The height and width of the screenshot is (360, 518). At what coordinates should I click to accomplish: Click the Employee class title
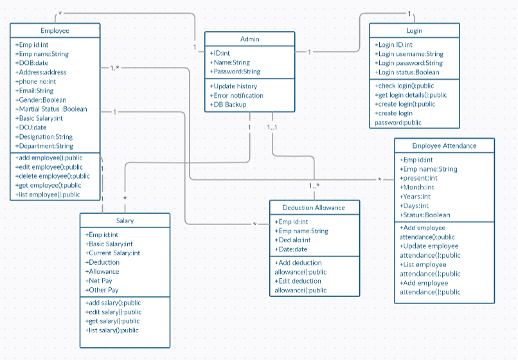pos(55,31)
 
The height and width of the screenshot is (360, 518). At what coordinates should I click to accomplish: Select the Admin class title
pos(249,39)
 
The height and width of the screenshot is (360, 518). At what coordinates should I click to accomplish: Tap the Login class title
pos(414,31)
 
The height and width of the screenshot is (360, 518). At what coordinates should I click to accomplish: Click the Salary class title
pos(125,221)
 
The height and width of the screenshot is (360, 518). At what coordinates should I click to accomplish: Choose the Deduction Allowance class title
pos(314,208)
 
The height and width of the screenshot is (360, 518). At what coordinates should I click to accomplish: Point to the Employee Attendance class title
pos(444,145)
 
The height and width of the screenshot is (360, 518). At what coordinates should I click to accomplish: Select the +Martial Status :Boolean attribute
pos(51,109)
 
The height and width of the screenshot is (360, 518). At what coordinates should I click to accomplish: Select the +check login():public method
pos(404,85)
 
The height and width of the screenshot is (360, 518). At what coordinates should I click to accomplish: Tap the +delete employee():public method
pos(53,176)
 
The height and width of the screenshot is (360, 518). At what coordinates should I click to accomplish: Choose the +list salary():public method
pos(112,330)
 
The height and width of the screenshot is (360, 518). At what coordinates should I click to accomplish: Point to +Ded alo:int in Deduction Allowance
pos(292,240)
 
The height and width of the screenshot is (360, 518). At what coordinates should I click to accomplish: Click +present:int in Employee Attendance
pos(418,178)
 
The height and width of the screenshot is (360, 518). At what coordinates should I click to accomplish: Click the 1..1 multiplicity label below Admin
pos(272,127)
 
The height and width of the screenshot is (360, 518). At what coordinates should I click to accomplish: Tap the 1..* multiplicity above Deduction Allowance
pos(314,186)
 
